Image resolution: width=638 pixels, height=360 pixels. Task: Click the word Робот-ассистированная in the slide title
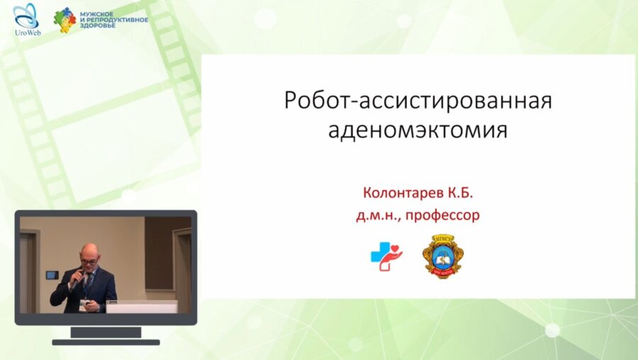tap(418, 101)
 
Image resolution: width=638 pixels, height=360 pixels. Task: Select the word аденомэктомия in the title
tap(418, 132)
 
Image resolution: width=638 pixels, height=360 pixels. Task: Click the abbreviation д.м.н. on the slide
tap(378, 215)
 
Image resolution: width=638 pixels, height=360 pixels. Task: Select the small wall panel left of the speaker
tap(52, 274)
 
